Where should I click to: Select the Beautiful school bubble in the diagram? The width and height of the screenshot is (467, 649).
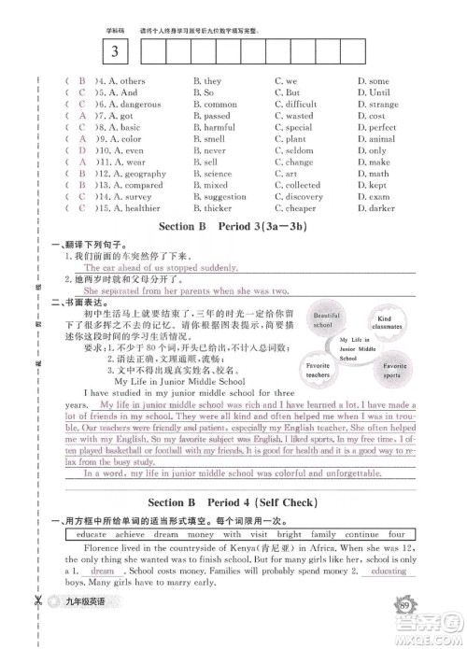click(324, 320)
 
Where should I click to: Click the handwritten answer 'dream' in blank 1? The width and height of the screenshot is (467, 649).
click(103, 571)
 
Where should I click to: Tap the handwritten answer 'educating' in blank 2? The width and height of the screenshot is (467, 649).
click(389, 571)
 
